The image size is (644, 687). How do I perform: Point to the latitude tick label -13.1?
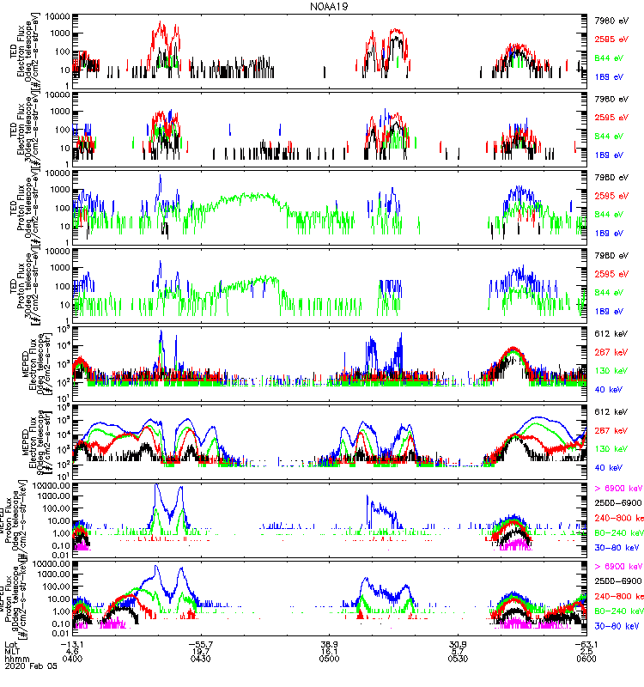coord(76,641)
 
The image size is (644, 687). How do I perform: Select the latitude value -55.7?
coord(202,641)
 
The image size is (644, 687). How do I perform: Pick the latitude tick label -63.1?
coord(584,641)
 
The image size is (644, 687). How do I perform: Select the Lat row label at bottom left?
coord(12,641)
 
